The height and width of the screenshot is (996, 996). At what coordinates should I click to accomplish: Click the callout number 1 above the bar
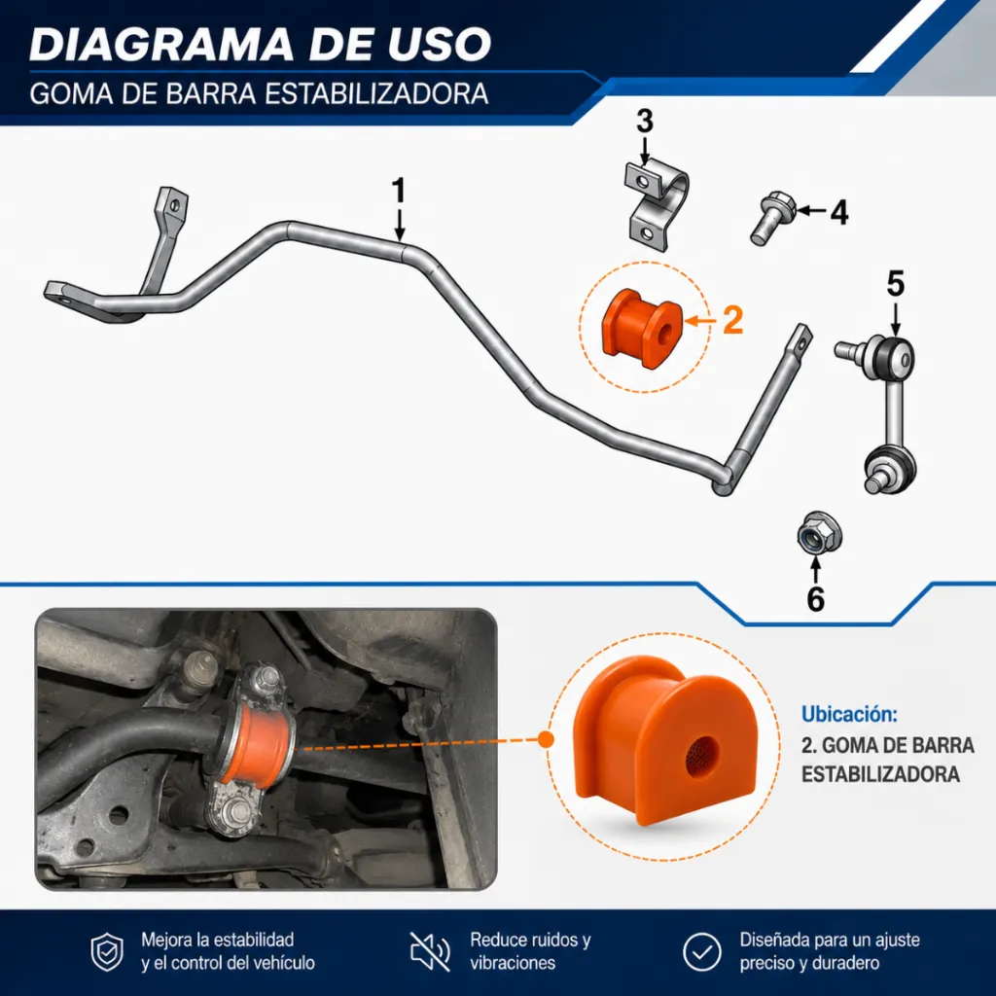click(x=398, y=191)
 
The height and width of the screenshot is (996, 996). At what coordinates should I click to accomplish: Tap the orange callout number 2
click(x=732, y=320)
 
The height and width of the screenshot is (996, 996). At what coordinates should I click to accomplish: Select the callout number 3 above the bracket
click(x=645, y=122)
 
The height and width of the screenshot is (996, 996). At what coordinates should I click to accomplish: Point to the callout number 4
click(x=839, y=212)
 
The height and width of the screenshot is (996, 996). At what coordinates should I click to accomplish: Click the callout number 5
click(x=896, y=284)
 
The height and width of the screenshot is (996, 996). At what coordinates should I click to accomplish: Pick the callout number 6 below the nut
click(x=816, y=599)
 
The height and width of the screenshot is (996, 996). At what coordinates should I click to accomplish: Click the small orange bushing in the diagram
click(x=642, y=329)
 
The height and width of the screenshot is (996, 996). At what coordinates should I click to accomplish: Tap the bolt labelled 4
click(x=772, y=218)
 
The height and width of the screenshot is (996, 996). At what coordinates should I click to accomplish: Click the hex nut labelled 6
click(x=819, y=534)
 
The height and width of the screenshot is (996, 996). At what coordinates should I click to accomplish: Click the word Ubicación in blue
click(x=849, y=714)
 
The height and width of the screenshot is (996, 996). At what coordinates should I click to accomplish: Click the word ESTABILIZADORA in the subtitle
click(x=375, y=94)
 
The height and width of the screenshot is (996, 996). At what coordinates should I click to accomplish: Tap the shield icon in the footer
click(x=107, y=952)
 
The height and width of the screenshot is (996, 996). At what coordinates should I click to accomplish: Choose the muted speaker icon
click(x=430, y=952)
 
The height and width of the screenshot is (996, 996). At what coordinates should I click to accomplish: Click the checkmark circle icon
click(x=702, y=952)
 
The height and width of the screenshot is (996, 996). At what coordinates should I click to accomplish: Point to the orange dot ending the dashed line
click(x=546, y=739)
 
